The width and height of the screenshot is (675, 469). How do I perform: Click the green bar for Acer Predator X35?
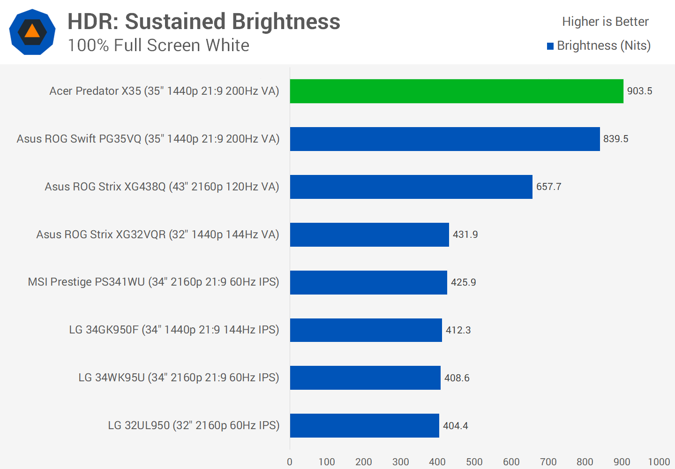(x=457, y=91)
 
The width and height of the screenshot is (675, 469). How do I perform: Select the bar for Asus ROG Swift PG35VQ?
(x=445, y=139)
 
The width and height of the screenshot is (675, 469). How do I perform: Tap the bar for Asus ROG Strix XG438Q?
(x=411, y=187)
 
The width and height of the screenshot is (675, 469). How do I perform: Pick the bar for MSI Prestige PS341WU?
(x=368, y=282)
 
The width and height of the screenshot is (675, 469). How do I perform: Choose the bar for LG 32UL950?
(x=365, y=425)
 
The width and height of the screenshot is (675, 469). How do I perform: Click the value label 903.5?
(x=639, y=91)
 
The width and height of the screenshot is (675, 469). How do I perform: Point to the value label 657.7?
(x=548, y=187)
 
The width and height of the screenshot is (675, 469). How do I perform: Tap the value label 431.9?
(x=465, y=234)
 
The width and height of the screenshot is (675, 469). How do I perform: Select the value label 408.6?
(x=457, y=378)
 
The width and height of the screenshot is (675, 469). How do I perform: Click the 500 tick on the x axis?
(x=474, y=462)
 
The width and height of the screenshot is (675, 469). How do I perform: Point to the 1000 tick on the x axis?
(x=659, y=462)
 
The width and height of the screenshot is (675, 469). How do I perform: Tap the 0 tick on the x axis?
(x=290, y=462)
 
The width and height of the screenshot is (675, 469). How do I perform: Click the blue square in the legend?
(x=550, y=46)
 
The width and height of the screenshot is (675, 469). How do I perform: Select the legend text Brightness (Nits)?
(x=604, y=45)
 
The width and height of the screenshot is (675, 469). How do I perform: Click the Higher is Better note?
(x=605, y=22)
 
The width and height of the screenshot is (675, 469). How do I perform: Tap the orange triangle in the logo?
(x=32, y=31)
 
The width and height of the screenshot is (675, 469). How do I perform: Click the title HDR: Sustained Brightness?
(x=204, y=22)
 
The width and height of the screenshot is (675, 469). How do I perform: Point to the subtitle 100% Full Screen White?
(x=158, y=45)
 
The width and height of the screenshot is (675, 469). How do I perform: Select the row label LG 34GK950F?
(x=174, y=330)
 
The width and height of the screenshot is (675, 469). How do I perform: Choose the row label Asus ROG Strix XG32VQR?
(x=157, y=234)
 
